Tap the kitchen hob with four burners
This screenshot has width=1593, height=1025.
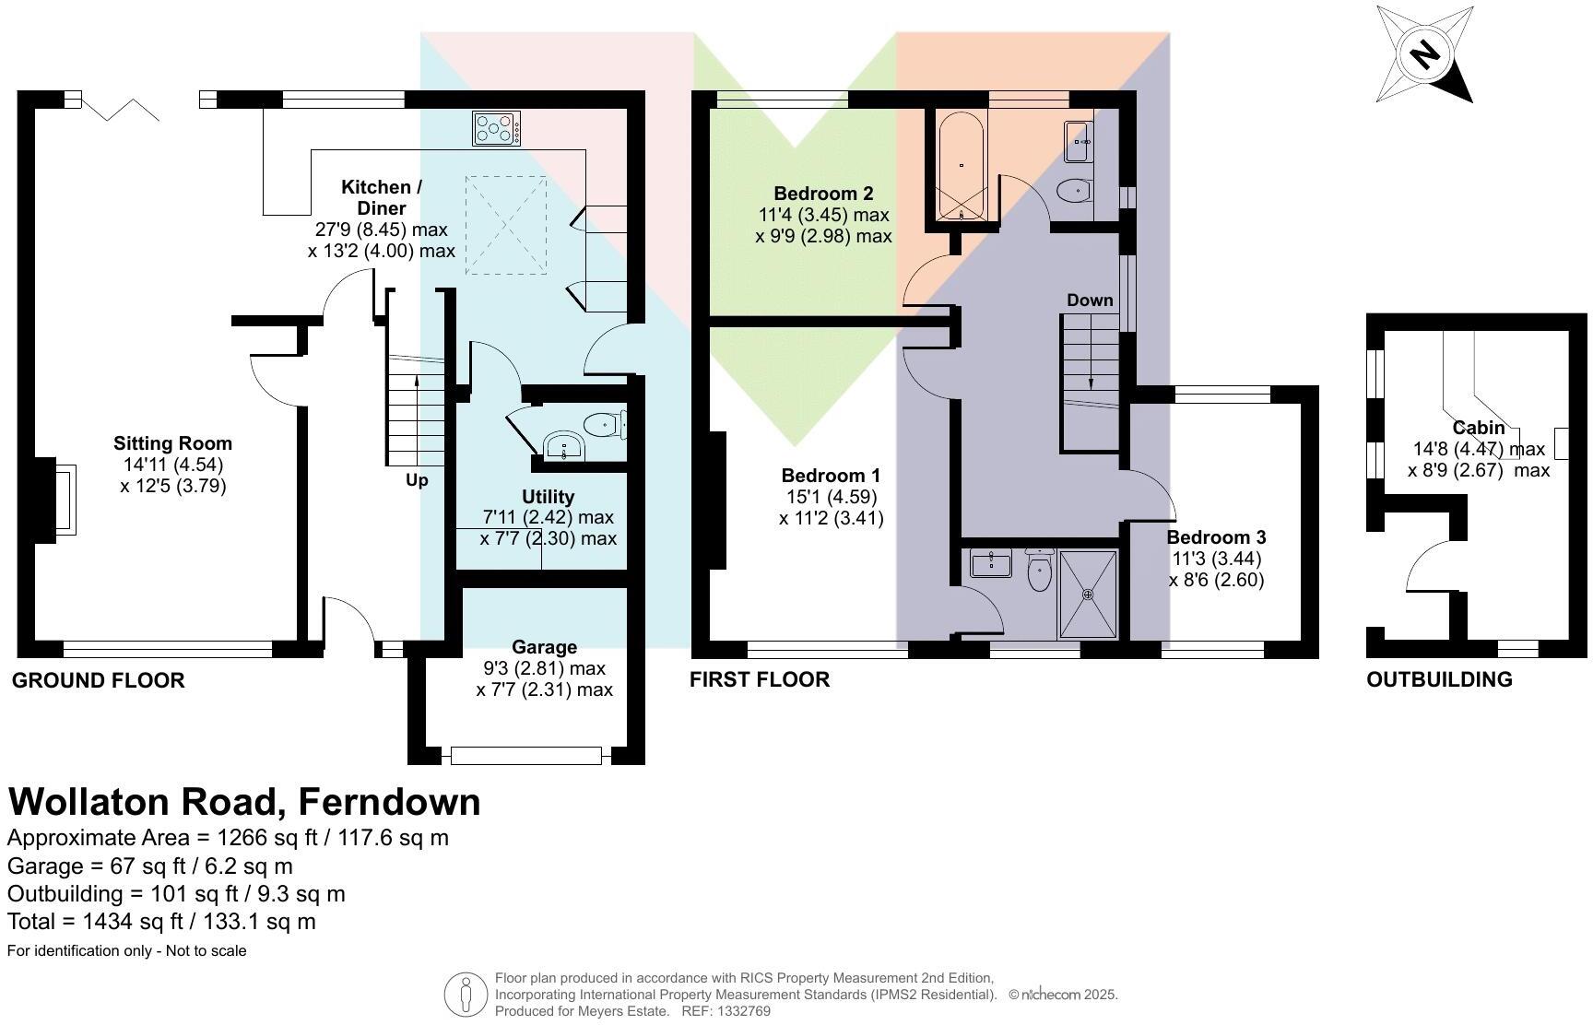point(496,128)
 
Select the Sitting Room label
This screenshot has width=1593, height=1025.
point(172,443)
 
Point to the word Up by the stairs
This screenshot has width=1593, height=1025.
point(417,480)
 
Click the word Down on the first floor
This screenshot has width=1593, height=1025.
point(1090,300)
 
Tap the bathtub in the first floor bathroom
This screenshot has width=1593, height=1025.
point(962,167)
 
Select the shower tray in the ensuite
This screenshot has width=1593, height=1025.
point(1088,595)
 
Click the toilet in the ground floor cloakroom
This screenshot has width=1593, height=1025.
point(605,425)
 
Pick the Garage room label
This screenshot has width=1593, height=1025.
point(544,647)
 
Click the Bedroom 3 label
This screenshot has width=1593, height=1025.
point(1216,537)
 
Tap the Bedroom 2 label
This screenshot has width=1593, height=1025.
point(823,194)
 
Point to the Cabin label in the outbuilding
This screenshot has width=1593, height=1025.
point(1479,428)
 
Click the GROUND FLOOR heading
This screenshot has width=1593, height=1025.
point(99,680)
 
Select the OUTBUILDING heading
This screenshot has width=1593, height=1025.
point(1439,679)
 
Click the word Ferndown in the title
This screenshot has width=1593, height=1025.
point(390,802)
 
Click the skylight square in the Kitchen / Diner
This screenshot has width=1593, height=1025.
point(506,226)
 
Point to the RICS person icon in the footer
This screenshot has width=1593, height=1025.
point(466,995)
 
